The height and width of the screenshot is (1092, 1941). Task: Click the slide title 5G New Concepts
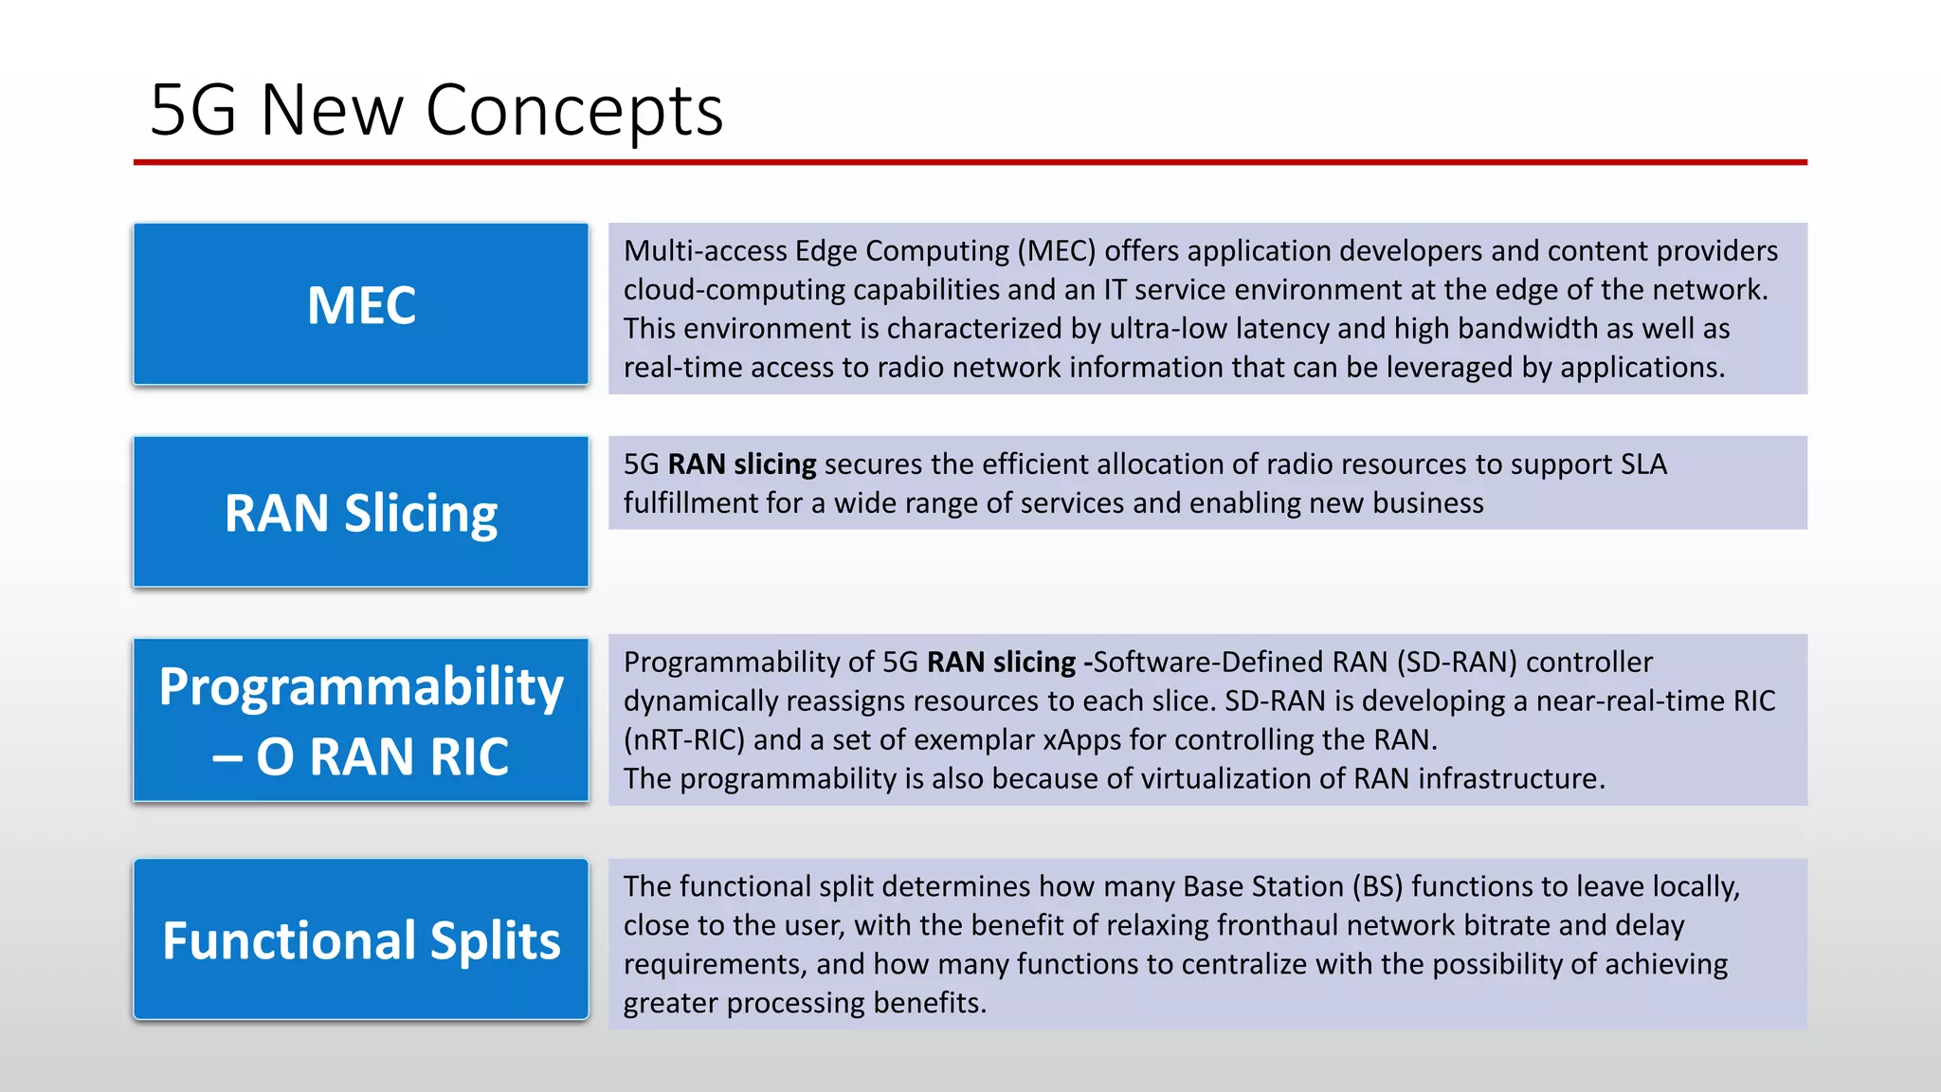click(436, 111)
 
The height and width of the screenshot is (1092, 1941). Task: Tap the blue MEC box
click(361, 304)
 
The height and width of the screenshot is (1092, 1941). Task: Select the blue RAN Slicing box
click(361, 512)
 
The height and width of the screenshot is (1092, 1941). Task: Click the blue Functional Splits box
click(361, 939)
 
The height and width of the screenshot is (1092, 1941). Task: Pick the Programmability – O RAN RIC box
click(361, 720)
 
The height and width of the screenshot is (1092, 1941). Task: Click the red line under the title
click(970, 162)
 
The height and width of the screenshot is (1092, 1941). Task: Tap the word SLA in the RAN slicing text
click(1643, 464)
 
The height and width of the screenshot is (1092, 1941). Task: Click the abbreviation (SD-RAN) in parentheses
click(1457, 662)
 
